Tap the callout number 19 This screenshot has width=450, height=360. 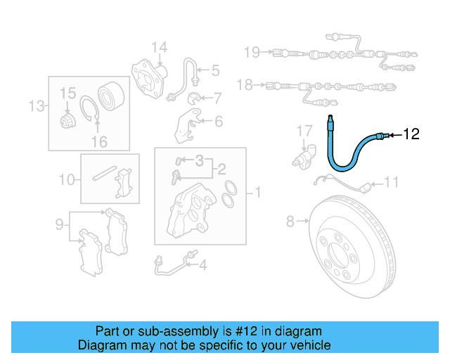pyautogui.click(x=252, y=51)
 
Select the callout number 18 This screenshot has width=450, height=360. pyautogui.click(x=244, y=85)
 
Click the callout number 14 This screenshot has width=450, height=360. pyautogui.click(x=160, y=48)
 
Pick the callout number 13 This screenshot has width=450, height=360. pyautogui.click(x=36, y=106)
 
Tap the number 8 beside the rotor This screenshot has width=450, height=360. pyautogui.click(x=290, y=222)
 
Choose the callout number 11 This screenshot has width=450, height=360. pyautogui.click(x=391, y=183)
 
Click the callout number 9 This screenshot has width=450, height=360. pyautogui.click(x=60, y=225)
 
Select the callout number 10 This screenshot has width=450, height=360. pyautogui.click(x=65, y=180)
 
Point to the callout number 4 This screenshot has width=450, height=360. pyautogui.click(x=202, y=265)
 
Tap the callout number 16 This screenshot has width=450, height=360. pyautogui.click(x=99, y=141)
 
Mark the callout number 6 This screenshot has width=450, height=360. pyautogui.click(x=218, y=122)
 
